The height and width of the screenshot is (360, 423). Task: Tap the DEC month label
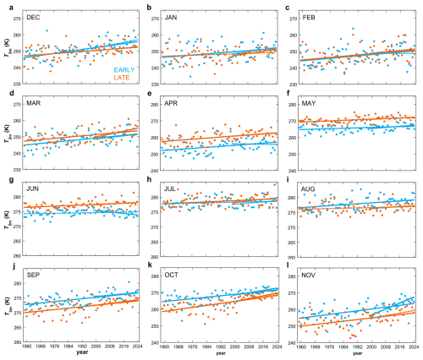click(x=35, y=18)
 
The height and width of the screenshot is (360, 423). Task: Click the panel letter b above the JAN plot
click(x=149, y=7)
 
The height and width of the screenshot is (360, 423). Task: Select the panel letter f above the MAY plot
click(x=288, y=93)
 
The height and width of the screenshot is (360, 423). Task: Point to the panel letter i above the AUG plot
click(x=287, y=179)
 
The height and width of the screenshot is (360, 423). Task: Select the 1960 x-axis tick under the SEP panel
click(x=27, y=347)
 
